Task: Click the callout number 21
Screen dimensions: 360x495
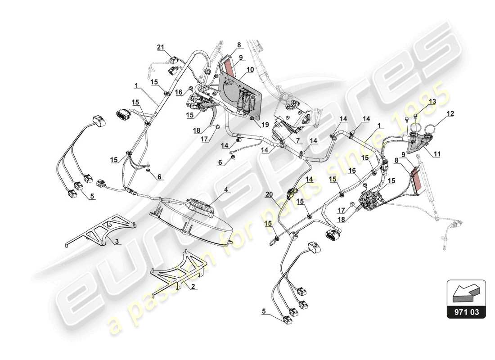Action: pos(161,47)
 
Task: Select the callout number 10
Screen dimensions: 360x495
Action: pos(250,69)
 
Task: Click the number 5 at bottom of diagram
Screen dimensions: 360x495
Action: pos(265,310)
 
